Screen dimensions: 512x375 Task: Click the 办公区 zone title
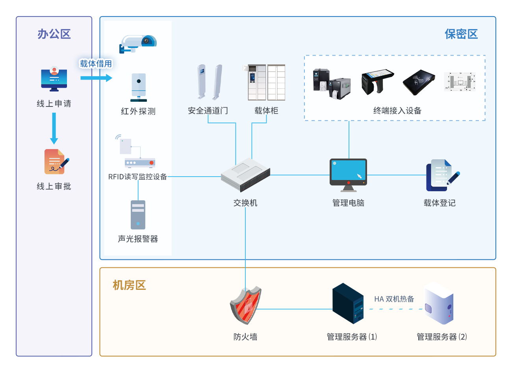(54, 34)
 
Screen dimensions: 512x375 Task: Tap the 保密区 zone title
(461, 34)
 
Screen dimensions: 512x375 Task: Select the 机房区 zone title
(129, 285)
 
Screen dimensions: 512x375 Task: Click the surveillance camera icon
(138, 44)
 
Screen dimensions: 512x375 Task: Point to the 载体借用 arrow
(96, 78)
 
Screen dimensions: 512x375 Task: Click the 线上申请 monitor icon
(54, 79)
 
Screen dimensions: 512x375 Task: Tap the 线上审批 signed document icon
(57, 162)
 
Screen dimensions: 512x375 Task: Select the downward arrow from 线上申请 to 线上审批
(54, 129)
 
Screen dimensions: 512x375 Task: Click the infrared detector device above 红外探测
(139, 88)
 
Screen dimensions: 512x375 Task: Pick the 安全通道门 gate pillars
(210, 82)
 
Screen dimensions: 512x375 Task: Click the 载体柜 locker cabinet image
(266, 82)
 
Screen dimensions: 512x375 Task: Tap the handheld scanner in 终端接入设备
(377, 82)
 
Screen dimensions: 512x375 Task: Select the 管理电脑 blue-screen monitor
(348, 175)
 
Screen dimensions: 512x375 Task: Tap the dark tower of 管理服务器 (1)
(348, 303)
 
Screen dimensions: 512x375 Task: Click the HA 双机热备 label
(394, 299)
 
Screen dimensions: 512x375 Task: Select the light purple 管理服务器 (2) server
(439, 303)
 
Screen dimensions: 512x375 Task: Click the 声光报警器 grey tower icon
(138, 215)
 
